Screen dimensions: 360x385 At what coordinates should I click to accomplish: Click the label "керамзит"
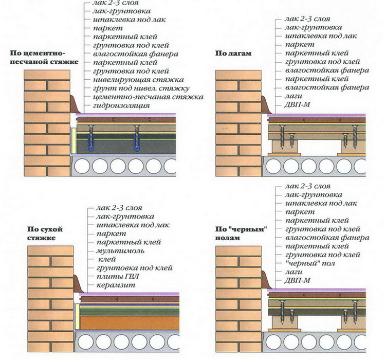pyautogui.click(x=113, y=285)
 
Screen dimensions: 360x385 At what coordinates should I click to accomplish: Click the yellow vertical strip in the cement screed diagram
pyautogui.click(x=74, y=139)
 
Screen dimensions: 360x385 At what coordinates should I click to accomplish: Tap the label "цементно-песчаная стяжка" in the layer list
pyautogui.click(x=148, y=97)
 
